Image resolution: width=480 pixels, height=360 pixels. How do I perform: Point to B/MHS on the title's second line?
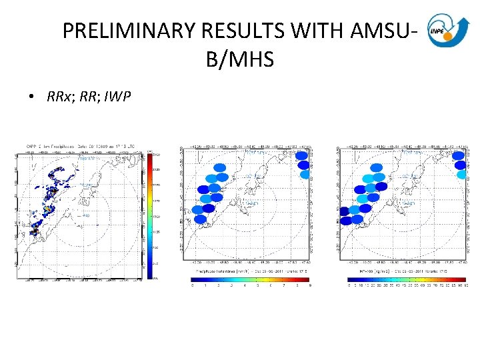pos(240,60)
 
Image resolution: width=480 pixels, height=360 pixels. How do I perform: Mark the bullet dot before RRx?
pos(31,97)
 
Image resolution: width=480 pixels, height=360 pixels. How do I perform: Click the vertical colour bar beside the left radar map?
pos(151,213)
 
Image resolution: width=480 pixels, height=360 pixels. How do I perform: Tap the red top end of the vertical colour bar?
pos(151,157)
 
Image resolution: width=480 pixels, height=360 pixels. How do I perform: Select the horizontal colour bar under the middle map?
pos(251,279)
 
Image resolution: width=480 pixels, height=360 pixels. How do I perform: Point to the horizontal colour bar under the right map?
pos(407,279)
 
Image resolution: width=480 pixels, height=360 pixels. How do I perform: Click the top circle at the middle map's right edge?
pos(302,155)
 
